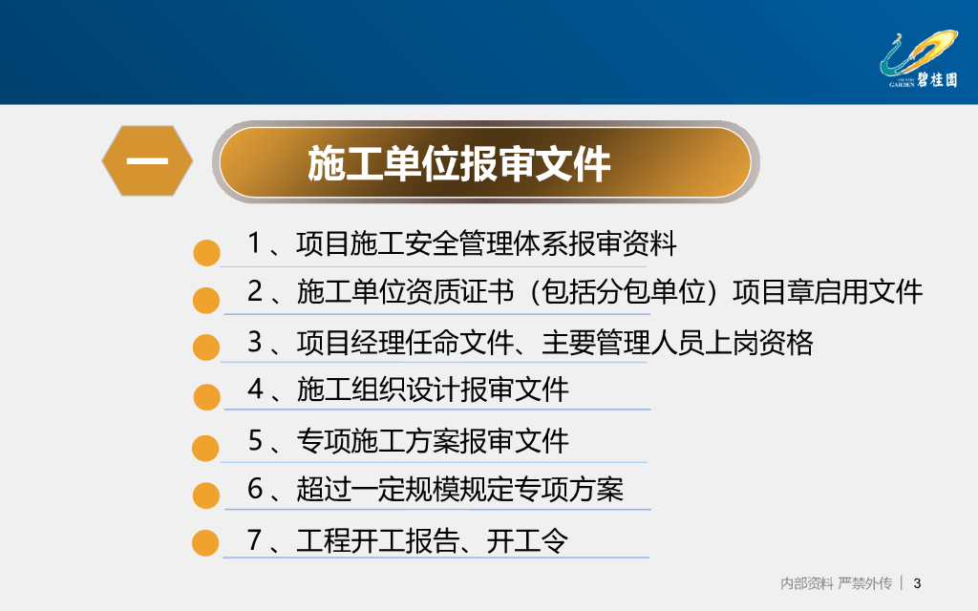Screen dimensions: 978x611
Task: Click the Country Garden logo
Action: pos(919,59)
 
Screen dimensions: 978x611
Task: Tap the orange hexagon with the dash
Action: pos(147,160)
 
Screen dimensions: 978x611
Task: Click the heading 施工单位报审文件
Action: pos(458,164)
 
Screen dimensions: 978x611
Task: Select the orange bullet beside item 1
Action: pos(206,253)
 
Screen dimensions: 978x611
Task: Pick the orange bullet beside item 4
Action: pos(206,397)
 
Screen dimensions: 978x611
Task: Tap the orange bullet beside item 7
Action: pos(205,542)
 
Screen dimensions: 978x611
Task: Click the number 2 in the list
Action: pos(255,292)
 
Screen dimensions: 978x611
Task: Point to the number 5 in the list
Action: pos(255,440)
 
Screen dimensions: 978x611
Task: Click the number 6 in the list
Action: pos(255,488)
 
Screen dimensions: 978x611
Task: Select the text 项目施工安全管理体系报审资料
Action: pos(486,243)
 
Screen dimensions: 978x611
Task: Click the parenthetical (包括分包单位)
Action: pos(625,292)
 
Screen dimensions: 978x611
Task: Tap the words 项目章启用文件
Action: pos(827,292)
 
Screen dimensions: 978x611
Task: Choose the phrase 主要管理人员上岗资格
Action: pos(677,343)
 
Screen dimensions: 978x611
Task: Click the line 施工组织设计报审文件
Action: pos(433,390)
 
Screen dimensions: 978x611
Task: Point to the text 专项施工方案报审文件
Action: pos(433,441)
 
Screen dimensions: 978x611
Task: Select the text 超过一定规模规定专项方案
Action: pos(459,489)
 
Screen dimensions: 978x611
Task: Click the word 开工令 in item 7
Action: pos(527,540)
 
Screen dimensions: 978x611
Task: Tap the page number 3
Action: pos(917,583)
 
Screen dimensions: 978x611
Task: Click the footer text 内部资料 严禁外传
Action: pos(836,583)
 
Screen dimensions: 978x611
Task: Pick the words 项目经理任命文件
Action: pos(405,343)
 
